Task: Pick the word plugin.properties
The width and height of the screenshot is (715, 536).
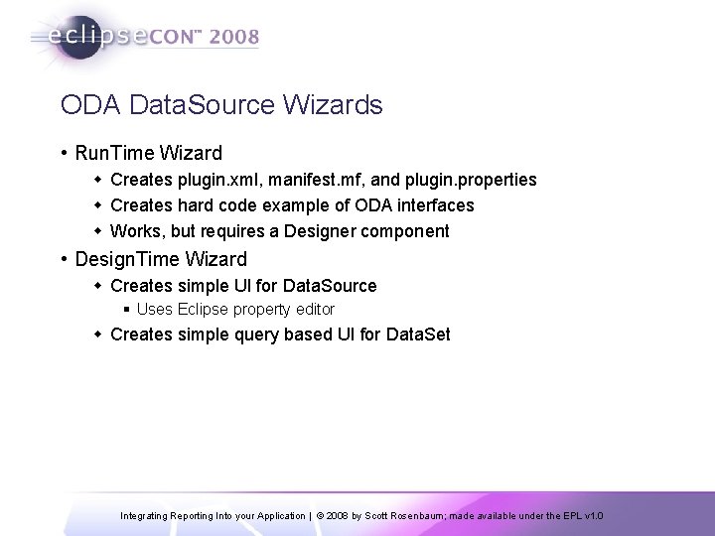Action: coord(473,180)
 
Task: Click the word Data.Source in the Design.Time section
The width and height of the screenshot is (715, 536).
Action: coord(329,286)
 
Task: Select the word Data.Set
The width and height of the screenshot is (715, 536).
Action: coord(416,335)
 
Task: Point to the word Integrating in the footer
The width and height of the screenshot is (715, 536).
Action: coord(148,516)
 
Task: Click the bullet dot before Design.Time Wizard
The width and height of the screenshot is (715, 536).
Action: coord(64,260)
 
